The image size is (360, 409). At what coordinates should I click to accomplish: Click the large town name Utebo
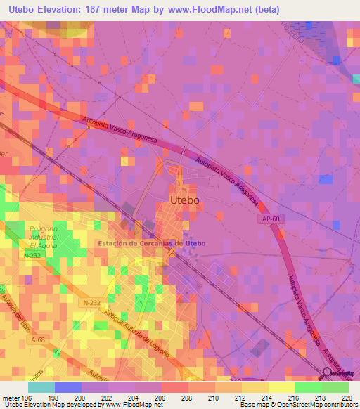[x=185, y=200]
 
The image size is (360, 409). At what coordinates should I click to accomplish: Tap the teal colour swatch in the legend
[x=41, y=387]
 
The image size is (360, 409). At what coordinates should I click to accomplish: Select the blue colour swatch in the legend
[x=68, y=387]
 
